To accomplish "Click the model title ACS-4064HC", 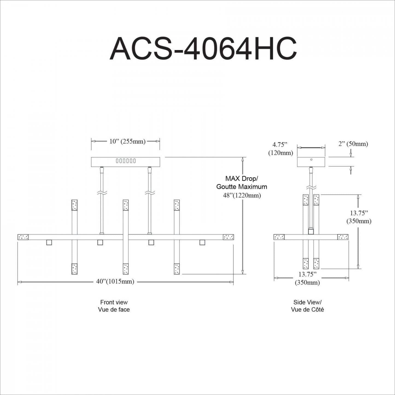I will coord(203,49).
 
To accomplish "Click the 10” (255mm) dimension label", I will coord(127,141).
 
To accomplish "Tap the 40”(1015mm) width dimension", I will coord(115,281).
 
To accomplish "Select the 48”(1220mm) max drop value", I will coord(242,195).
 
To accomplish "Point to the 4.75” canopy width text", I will coord(280,144).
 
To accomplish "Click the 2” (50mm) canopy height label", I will coord(353,144).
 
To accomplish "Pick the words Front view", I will coord(114,302).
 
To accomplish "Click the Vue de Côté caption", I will coord(307,309).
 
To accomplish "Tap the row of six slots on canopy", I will coord(126,161).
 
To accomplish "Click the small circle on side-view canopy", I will coord(311,159).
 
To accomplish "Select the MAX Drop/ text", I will coord(241,179).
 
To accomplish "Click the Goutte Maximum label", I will coord(242,187).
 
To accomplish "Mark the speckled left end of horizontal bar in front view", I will coord(23,237).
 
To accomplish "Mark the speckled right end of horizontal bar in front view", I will coord(228,237).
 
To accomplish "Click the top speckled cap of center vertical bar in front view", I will coord(125,205).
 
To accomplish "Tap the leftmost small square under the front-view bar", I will coord(49,242).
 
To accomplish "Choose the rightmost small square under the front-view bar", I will coord(202,242).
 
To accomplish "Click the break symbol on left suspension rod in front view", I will coord(102,193).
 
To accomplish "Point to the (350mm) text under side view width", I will coord(307,282).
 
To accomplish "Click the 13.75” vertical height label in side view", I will coord(359,213).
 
